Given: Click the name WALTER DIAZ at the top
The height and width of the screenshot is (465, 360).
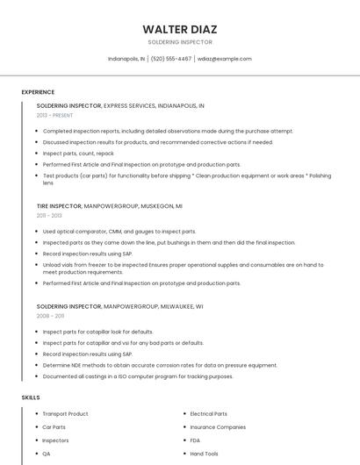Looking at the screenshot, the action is [x=179, y=29].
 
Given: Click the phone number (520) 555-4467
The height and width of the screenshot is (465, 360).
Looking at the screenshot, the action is [x=171, y=59].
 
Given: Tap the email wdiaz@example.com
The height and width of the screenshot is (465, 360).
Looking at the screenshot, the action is [x=225, y=59].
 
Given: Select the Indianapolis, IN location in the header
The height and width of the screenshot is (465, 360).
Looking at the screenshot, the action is [x=126, y=59].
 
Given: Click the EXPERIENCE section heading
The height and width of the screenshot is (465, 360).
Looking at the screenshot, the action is [x=38, y=92].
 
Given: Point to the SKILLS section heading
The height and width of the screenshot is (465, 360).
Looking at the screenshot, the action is [x=31, y=397].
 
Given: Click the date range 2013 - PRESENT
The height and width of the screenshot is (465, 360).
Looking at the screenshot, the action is [x=55, y=115].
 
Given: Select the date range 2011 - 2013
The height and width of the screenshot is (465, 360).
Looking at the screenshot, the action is [x=49, y=215].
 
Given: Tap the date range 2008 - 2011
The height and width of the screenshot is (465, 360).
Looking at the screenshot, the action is [x=50, y=316].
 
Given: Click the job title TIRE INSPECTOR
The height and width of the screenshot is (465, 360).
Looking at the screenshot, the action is [x=59, y=205].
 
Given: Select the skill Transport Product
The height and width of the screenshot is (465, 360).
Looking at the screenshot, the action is [x=66, y=413].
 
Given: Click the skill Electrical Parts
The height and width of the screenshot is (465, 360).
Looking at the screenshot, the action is [x=209, y=413].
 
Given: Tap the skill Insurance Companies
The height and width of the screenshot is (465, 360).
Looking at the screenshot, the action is [x=218, y=426].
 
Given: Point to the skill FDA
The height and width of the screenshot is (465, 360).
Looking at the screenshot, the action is [x=196, y=440].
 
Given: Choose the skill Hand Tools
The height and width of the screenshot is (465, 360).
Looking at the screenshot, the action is [x=205, y=454].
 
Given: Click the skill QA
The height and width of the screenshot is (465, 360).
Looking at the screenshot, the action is [x=47, y=454].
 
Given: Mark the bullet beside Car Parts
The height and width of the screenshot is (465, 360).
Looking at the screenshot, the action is [x=36, y=427].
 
